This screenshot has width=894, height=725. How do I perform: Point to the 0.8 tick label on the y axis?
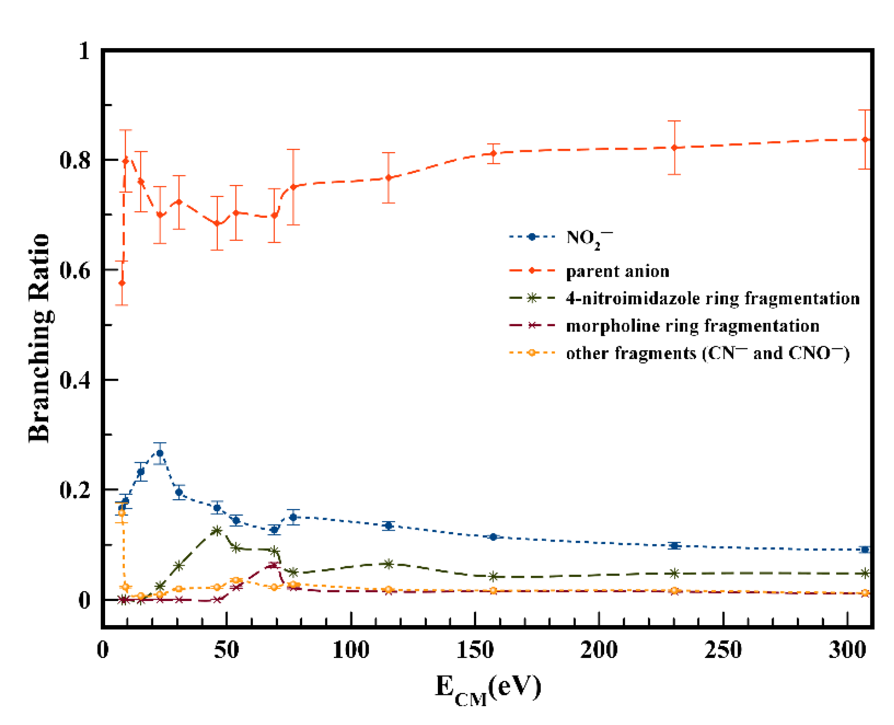75,160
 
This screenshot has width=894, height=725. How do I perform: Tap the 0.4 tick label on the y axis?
75,380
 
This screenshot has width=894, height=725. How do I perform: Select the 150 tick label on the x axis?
475,650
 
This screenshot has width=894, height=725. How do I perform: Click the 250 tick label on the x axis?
723,650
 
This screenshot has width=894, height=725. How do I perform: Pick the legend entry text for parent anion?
617,272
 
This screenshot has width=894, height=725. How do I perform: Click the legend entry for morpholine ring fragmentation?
692,326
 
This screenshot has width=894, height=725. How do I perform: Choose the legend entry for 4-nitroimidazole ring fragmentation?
712,298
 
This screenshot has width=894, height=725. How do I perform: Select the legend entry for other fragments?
707,353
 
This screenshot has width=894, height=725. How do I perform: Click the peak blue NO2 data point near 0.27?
160,453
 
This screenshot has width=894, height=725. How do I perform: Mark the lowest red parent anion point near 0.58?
122,283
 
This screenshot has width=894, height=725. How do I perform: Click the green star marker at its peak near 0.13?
216,531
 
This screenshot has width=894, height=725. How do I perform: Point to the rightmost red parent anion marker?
865,140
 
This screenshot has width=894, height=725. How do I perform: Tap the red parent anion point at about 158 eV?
494,153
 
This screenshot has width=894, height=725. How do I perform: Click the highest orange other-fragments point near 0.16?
122,513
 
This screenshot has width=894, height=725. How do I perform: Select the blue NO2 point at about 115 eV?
389,525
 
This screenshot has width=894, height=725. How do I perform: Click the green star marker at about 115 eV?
389,564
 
